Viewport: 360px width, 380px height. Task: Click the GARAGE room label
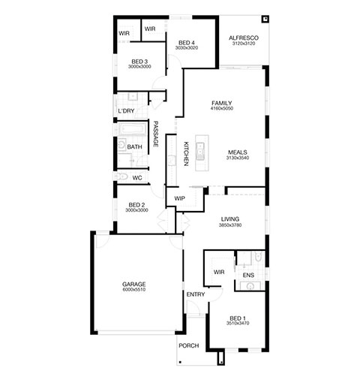pyautogui.click(x=134, y=284)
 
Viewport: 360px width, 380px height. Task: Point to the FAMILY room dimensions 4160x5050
pyautogui.click(x=222, y=108)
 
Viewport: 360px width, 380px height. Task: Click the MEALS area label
pyautogui.click(x=238, y=152)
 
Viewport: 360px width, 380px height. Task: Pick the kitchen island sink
pyautogui.click(x=200, y=151)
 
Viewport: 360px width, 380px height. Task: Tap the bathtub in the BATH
pyautogui.click(x=132, y=129)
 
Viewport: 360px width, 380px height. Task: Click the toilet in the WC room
pyautogui.click(x=122, y=176)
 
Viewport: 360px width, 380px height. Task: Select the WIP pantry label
pyautogui.click(x=179, y=198)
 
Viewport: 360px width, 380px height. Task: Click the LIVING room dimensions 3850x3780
pyautogui.click(x=230, y=225)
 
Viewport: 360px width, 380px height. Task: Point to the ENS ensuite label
pyautogui.click(x=248, y=275)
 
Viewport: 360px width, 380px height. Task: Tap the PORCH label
pyautogui.click(x=189, y=345)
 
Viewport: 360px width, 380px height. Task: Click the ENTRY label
pyautogui.click(x=196, y=294)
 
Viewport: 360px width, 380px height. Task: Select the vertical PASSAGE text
pyautogui.click(x=155, y=134)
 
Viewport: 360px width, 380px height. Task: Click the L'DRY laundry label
pyautogui.click(x=126, y=110)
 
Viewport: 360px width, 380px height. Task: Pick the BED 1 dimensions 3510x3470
pyautogui.click(x=238, y=323)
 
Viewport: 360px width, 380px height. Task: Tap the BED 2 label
pyautogui.click(x=136, y=205)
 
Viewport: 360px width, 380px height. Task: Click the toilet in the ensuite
pyautogui.click(x=258, y=257)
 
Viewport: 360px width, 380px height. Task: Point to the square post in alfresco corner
pyautogui.click(x=265, y=19)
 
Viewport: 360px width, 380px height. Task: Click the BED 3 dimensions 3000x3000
pyautogui.click(x=139, y=67)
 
